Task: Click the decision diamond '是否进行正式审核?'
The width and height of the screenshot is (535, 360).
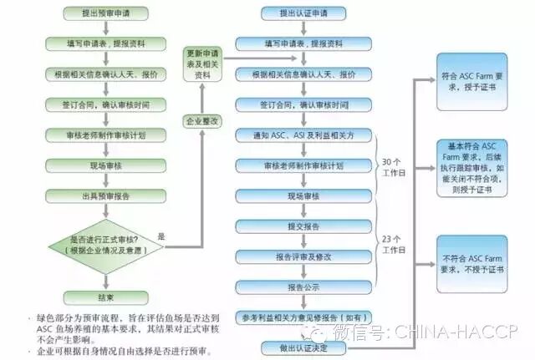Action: click(104, 244)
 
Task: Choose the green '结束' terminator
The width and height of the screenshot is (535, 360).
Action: click(104, 297)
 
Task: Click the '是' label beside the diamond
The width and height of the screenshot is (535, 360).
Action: click(161, 236)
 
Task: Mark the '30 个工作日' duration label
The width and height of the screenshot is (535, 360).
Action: click(393, 167)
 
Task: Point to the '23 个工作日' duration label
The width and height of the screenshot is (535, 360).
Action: click(393, 243)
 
